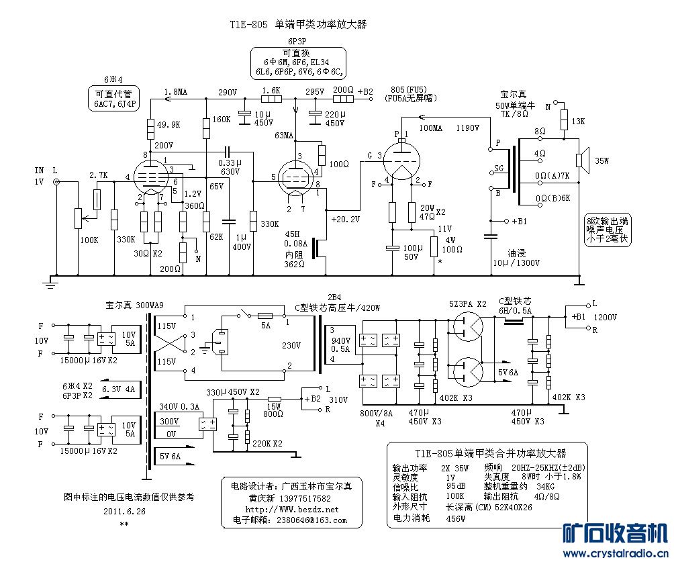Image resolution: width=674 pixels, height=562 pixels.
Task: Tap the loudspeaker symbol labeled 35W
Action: click(582, 160)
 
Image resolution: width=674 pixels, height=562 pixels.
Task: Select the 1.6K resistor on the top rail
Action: click(272, 99)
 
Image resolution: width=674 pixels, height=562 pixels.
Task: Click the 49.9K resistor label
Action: click(168, 125)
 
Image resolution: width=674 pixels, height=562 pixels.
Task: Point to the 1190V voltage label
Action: click(467, 128)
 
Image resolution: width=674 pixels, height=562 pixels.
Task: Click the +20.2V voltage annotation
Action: click(345, 219)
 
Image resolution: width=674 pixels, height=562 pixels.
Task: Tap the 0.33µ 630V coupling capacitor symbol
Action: click(228, 151)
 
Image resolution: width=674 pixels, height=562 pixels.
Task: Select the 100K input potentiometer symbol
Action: click(78, 218)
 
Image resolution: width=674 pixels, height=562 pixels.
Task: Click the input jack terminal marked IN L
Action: click(56, 183)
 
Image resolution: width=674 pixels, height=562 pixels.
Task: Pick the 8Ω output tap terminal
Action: click(540, 138)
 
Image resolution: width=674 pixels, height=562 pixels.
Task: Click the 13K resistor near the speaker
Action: click(563, 120)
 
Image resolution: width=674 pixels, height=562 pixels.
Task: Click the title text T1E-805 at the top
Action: click(248, 25)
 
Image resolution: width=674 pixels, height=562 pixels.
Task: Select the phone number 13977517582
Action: click(305, 498)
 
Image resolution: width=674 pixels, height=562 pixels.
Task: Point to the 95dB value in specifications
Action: click(456, 486)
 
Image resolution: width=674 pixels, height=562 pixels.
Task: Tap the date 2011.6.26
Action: click(124, 511)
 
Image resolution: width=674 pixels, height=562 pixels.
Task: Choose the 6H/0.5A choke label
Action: click(515, 310)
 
